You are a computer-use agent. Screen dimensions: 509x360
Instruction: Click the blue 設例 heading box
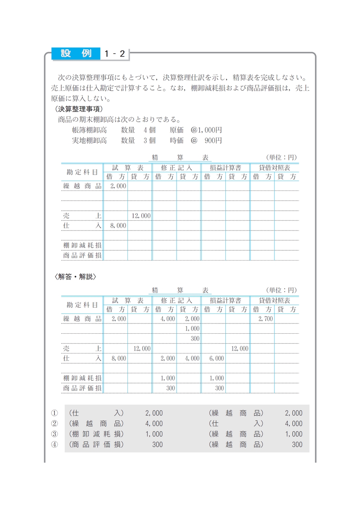pyautogui.click(x=76, y=53)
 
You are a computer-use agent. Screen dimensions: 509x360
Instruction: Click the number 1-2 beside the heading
pyautogui.click(x=115, y=54)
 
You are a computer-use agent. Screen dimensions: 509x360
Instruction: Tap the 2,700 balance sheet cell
pyautogui.click(x=265, y=318)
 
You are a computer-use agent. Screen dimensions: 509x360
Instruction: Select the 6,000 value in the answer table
pyautogui.click(x=217, y=358)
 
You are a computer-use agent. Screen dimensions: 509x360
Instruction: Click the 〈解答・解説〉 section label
pyautogui.click(x=75, y=277)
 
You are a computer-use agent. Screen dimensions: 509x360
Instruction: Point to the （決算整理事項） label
pyautogui.click(x=79, y=109)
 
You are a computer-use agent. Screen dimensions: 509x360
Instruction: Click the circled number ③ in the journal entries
pyautogui.click(x=54, y=434)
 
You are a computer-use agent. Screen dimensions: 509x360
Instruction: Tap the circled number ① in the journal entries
pyautogui.click(x=54, y=413)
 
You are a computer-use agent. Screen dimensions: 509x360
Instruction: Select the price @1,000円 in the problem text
pyautogui.click(x=206, y=130)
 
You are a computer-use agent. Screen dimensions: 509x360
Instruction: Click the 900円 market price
pyautogui.click(x=213, y=141)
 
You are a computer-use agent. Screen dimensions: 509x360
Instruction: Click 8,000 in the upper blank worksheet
pyautogui.click(x=118, y=226)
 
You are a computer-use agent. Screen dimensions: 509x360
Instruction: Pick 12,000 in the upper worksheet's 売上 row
pyautogui.click(x=141, y=216)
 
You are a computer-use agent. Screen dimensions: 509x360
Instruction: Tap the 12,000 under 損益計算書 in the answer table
pyautogui.click(x=240, y=349)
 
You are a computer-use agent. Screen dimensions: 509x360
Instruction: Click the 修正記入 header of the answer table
pyautogui.click(x=176, y=300)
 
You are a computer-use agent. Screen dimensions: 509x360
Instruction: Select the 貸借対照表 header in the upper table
pyautogui.click(x=275, y=168)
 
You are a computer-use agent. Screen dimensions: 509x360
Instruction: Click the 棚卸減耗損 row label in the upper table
pyautogui.click(x=82, y=245)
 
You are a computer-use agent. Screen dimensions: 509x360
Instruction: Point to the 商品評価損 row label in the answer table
pyautogui.click(x=82, y=388)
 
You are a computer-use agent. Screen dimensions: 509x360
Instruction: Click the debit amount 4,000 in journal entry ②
pyautogui.click(x=154, y=423)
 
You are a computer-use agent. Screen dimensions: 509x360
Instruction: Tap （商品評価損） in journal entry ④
pyautogui.click(x=96, y=445)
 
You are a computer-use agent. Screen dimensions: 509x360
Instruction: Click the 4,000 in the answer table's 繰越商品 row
pyautogui.click(x=168, y=318)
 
